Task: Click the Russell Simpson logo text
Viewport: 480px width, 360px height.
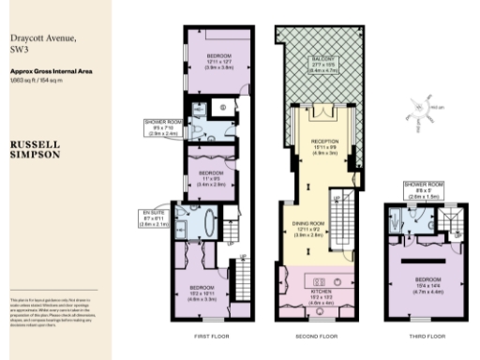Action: (x=36, y=152)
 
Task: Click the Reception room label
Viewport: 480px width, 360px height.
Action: (x=323, y=153)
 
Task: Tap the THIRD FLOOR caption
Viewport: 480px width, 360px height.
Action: (x=424, y=336)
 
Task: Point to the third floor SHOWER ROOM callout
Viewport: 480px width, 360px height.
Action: (x=416, y=190)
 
